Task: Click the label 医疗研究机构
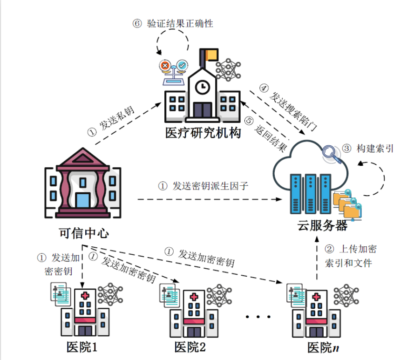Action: click(x=203, y=133)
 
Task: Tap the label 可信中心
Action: click(x=83, y=233)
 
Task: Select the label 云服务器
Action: click(x=322, y=225)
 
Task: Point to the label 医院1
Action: click(x=82, y=347)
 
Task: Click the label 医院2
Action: click(x=190, y=347)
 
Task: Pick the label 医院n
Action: click(x=323, y=347)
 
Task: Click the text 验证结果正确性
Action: click(x=180, y=24)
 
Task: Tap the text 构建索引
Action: click(x=375, y=149)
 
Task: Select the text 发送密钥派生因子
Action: click(x=210, y=186)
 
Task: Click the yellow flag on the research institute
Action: click(x=211, y=54)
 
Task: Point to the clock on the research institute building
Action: click(x=202, y=87)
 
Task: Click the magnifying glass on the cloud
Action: click(x=332, y=154)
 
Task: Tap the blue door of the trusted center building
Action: click(x=83, y=200)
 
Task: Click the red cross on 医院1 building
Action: click(x=85, y=296)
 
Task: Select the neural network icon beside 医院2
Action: click(x=219, y=295)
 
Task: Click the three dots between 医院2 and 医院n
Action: click(x=258, y=317)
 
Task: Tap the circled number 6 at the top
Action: click(x=137, y=24)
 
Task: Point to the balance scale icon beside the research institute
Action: click(x=174, y=72)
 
